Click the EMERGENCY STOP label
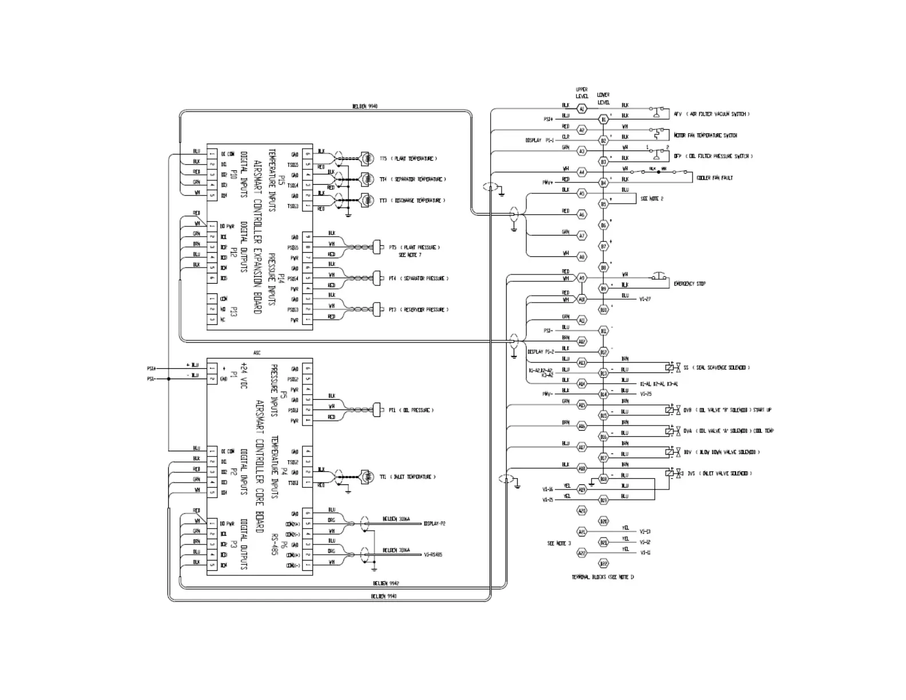click(689, 284)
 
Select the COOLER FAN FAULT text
click(714, 178)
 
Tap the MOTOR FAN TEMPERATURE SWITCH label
click(705, 136)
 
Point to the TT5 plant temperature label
click(408, 158)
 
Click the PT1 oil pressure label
click(411, 410)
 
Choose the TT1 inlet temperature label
click(407, 476)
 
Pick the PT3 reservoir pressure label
click(418, 309)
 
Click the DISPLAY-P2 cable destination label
click(434, 523)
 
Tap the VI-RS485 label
click(432, 554)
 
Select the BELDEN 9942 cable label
click(386, 583)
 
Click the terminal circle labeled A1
click(582, 109)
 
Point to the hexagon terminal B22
click(603, 564)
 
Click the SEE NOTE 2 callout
click(652, 199)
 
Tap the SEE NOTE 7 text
click(410, 255)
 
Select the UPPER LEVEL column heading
click(582, 93)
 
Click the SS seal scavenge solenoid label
click(716, 368)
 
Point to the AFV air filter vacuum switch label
click(711, 114)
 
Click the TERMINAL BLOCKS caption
click(603, 577)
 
